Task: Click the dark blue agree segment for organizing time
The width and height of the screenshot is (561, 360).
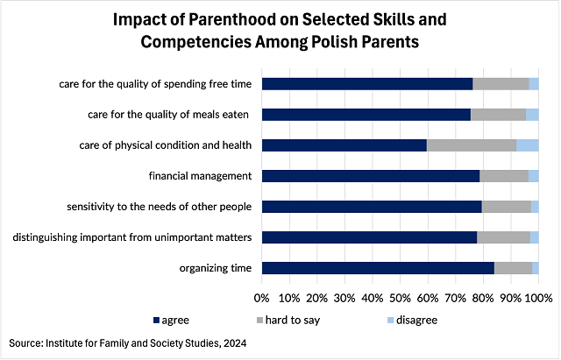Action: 378,268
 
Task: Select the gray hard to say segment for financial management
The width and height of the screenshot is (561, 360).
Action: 504,175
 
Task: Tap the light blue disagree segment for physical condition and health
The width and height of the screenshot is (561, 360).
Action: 527,145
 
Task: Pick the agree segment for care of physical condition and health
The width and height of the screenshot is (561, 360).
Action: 344,145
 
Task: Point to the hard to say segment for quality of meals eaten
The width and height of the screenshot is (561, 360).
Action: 498,114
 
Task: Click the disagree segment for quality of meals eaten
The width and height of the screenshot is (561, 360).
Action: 532,114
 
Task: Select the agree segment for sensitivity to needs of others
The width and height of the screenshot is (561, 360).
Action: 372,207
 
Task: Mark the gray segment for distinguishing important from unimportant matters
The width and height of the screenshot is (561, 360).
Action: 503,237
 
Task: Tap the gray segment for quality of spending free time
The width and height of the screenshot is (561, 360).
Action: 501,83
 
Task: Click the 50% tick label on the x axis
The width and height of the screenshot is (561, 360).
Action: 400,298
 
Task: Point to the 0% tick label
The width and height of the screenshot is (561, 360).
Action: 261,298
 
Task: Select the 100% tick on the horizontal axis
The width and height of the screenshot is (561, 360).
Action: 538,298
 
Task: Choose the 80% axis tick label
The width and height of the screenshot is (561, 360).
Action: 482,298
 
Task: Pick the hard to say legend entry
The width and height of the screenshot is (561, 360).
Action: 288,320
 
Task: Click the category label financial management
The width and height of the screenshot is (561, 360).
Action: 200,175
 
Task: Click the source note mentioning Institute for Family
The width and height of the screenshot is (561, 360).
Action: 126,344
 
